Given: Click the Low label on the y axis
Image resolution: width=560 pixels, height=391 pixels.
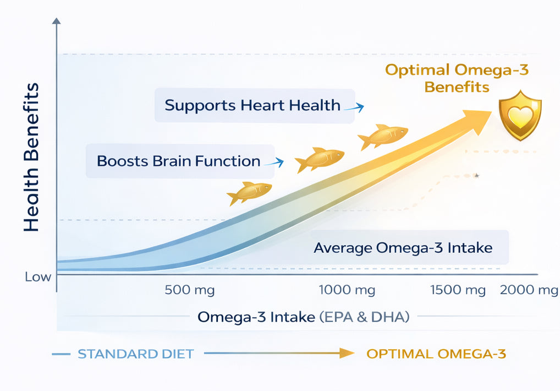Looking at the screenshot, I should click(x=38, y=276).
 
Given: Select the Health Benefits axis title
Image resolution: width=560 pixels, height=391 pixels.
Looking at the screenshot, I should click(x=31, y=157).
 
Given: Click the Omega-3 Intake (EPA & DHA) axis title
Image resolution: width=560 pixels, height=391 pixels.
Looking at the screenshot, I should click(x=303, y=317).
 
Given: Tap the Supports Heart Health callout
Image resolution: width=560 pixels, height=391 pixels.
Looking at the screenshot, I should click(x=252, y=105).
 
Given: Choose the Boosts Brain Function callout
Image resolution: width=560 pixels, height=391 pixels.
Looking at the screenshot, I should click(x=178, y=161).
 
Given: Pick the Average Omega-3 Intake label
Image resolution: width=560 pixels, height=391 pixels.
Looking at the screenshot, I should click(x=403, y=248).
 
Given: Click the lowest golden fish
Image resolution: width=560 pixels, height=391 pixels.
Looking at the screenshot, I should click(x=250, y=193).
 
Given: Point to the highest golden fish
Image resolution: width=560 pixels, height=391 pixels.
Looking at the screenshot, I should click(x=384, y=136).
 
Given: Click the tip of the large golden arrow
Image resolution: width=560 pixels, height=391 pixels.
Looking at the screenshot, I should click(x=489, y=112).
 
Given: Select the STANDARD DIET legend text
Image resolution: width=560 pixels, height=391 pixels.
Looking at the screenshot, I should click(x=135, y=354).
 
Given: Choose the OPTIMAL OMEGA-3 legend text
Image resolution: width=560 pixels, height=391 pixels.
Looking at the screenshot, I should click(x=436, y=354).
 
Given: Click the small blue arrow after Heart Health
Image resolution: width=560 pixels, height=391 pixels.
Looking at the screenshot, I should click(x=354, y=108).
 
